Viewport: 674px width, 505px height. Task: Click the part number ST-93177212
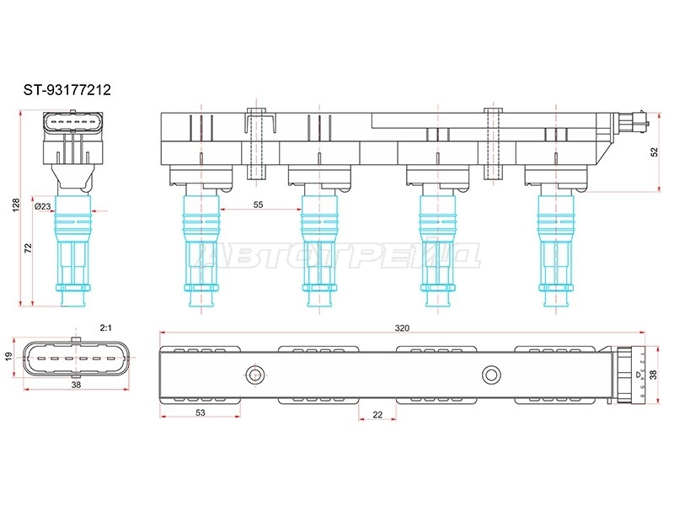pos(67,90)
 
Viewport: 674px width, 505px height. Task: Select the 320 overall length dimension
pos(402,328)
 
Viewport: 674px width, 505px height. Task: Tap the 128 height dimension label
pos(16,205)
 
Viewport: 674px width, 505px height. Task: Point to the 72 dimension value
pos(28,248)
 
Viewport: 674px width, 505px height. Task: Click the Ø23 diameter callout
pos(43,206)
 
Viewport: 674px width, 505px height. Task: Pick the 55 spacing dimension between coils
pos(258,205)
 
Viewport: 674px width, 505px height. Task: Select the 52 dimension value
pos(654,152)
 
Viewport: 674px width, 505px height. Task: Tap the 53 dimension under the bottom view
pos(201,412)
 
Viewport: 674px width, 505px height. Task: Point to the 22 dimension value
pos(377,415)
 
